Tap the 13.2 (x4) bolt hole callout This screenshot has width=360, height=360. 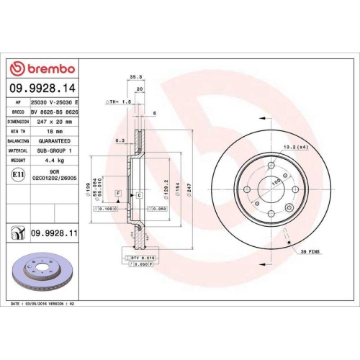pos(294,147)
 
